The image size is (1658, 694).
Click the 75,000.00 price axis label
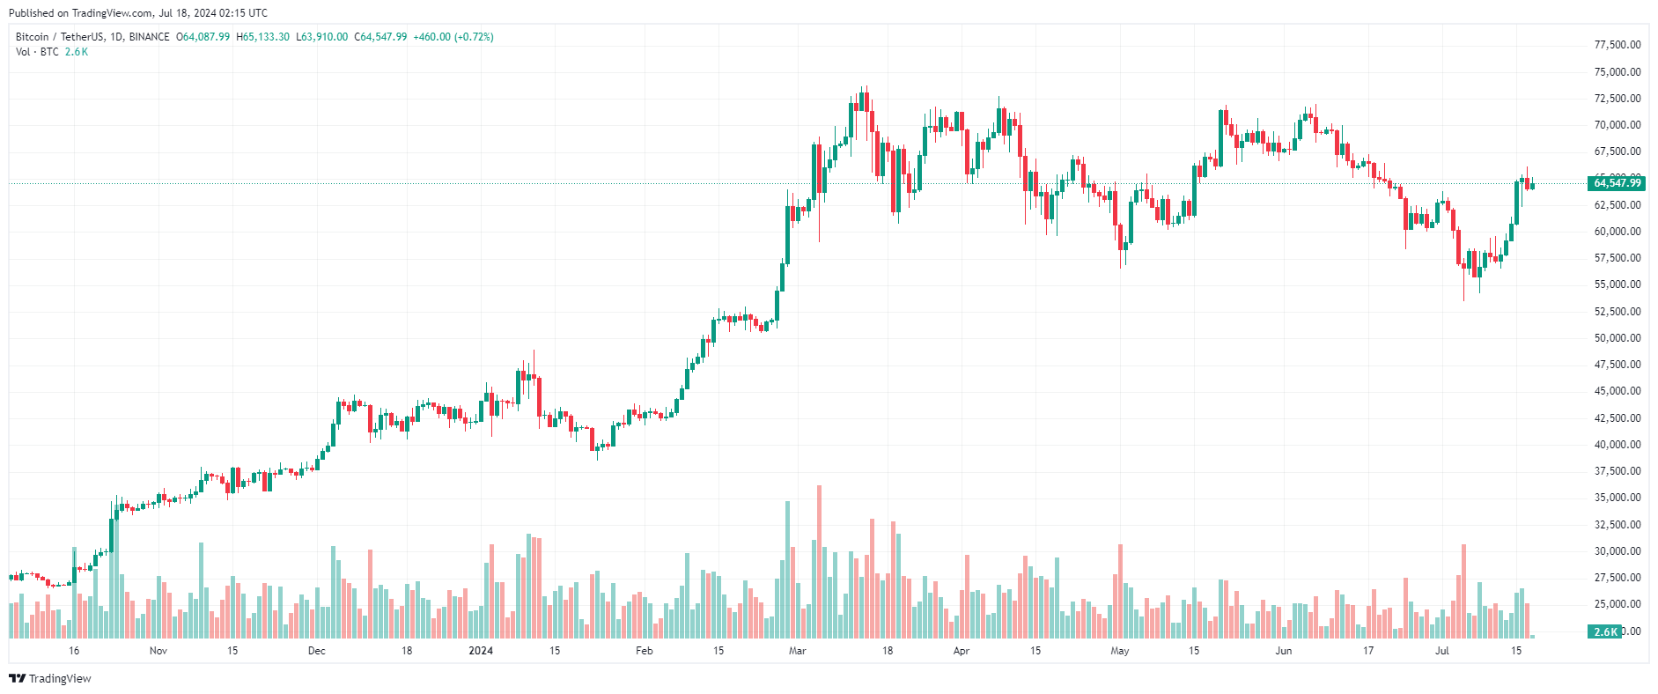click(x=1617, y=72)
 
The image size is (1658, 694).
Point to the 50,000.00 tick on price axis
click(x=1617, y=338)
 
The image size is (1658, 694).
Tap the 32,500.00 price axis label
click(x=1617, y=525)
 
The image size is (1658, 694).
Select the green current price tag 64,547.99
click(x=1617, y=183)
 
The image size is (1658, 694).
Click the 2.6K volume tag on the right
click(x=1606, y=631)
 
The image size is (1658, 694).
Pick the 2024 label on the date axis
click(x=481, y=651)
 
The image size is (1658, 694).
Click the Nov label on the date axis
click(x=158, y=651)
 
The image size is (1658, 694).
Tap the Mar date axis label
click(x=797, y=651)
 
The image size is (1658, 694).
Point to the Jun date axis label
click(x=1284, y=651)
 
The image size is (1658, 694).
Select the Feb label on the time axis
click(x=645, y=651)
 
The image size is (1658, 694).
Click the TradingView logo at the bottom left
click(x=50, y=678)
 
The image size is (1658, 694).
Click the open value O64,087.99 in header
click(x=203, y=37)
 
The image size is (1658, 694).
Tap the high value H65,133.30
click(x=263, y=37)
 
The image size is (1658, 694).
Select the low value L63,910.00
click(x=322, y=37)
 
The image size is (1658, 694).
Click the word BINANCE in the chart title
click(x=150, y=37)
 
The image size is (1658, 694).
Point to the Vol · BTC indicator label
click(x=38, y=52)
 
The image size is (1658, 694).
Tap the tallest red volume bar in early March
click(x=820, y=562)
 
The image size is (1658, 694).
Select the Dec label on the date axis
click(x=317, y=651)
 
